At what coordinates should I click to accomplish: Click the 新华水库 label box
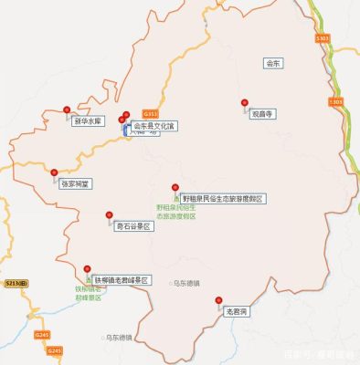pos(89,120)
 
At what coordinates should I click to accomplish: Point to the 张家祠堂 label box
pos(76,183)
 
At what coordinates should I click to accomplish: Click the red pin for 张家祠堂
pos(54,172)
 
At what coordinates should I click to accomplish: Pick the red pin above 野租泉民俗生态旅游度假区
pos(176,187)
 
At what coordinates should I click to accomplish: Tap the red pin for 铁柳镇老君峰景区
pos(88,267)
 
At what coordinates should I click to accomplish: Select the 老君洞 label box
pos(237,311)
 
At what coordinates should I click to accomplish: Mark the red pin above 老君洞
pos(218,299)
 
